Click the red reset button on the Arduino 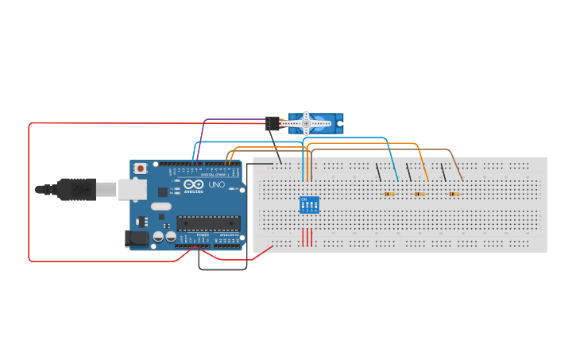[141, 168]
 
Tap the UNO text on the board [217, 185]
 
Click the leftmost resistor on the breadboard [389, 194]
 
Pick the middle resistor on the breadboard [419, 194]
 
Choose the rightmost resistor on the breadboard [454, 194]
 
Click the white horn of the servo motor [307, 123]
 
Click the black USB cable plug [76, 189]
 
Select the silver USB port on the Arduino [132, 189]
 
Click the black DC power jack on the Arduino [137, 238]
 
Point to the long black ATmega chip [208, 224]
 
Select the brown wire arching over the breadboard [381, 149]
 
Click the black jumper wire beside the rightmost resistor [444, 172]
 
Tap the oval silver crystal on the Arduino [160, 207]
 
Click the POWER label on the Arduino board [203, 235]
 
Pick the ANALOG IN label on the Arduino [227, 235]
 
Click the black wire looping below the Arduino [222, 269]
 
